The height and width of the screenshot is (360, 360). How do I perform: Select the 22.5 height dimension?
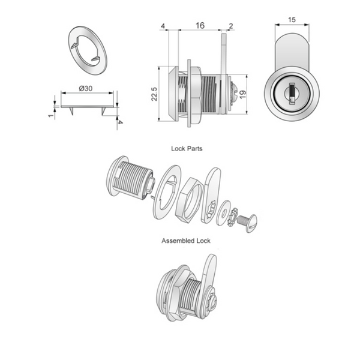tap(155, 95)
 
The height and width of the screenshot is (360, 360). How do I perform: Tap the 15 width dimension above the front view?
tap(292, 20)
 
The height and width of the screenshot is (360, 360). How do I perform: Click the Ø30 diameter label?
tap(86, 88)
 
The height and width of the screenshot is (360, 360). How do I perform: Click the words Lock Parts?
tap(186, 147)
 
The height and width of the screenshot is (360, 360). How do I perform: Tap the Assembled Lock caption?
tap(186, 240)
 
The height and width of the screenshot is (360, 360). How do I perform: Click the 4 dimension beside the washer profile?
tap(121, 121)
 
